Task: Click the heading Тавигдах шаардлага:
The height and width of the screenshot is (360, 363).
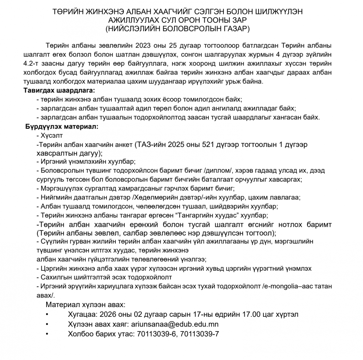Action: pos(59,90)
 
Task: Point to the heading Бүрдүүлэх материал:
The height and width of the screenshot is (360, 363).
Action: pos(62,127)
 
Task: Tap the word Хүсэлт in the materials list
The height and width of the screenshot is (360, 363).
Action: pos(52,136)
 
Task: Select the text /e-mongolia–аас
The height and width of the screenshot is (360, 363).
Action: pos(285,285)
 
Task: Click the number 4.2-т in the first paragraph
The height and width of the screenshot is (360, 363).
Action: pos(34,64)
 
